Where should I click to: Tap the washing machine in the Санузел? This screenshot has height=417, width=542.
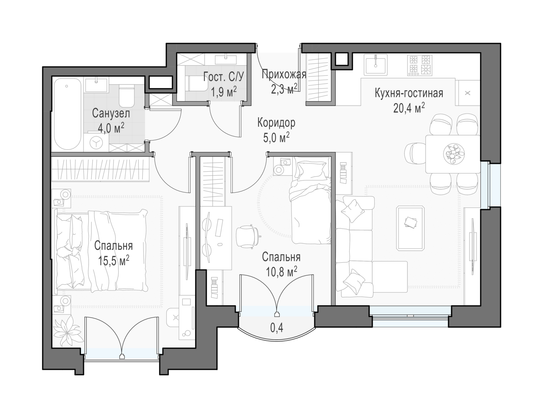96,142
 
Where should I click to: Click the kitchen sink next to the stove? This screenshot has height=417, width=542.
375,65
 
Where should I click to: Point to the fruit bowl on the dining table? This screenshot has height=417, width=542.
454,154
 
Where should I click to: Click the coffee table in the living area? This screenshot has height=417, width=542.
410,228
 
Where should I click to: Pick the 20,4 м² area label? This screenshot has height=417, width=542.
409,108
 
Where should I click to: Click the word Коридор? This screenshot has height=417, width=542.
276,123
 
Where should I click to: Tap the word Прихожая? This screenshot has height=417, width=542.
284,74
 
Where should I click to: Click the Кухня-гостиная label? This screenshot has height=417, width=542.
409,93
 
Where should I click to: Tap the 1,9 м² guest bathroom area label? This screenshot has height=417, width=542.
224,92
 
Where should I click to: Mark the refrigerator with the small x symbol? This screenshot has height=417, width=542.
468,93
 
